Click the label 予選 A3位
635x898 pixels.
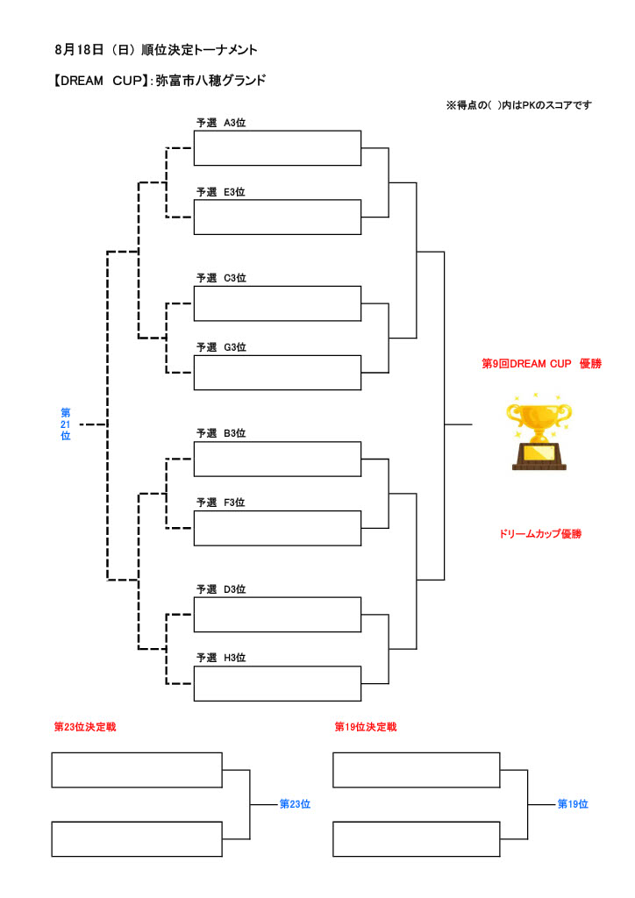click(221, 123)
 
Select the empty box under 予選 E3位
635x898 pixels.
click(277, 217)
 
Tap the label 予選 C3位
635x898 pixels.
click(221, 278)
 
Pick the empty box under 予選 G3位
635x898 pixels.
click(277, 372)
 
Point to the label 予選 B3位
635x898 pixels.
click(221, 433)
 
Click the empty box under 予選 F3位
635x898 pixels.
click(277, 527)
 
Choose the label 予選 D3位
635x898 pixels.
click(221, 589)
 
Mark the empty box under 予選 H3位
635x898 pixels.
click(277, 683)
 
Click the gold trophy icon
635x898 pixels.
click(539, 433)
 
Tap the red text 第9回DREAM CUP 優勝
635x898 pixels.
click(541, 364)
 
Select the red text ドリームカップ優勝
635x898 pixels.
click(539, 533)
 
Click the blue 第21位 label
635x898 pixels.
click(66, 424)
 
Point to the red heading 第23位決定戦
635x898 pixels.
click(85, 727)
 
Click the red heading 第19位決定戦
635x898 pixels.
click(366, 727)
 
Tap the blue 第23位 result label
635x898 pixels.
click(295, 803)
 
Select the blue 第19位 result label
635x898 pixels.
click(573, 803)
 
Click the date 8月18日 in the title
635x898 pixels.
click(80, 50)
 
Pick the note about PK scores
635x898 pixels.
click(518, 105)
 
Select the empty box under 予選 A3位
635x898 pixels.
click(277, 147)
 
